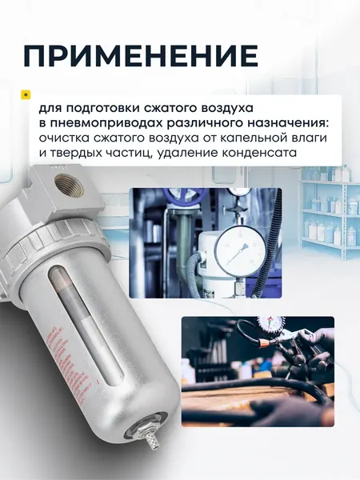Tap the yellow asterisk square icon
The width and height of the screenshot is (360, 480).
click(25, 94)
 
